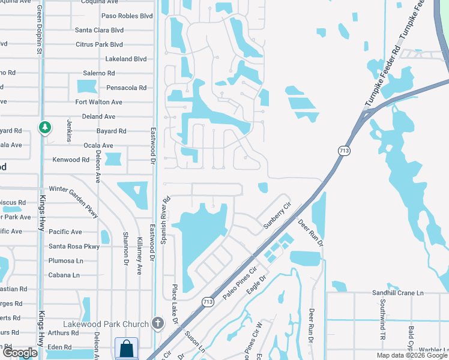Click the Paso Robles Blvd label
pyautogui.click(x=127, y=16)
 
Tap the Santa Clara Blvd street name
pyautogui.click(x=99, y=30)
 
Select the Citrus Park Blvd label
pyautogui.click(x=99, y=44)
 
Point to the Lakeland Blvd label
pyautogui.click(x=126, y=59)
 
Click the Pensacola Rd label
pyautogui.click(x=125, y=88)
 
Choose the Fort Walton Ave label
pyautogui.click(x=98, y=102)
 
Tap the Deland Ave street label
pyautogui.click(x=98, y=116)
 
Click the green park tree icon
pyautogui.click(x=44, y=127)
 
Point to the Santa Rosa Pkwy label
pyautogui.click(x=74, y=246)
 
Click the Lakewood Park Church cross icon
pyautogui.click(x=158, y=323)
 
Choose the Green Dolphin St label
pyautogui.click(x=39, y=30)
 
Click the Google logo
pyautogui.click(x=20, y=353)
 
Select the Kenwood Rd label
pyautogui.click(x=71, y=160)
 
